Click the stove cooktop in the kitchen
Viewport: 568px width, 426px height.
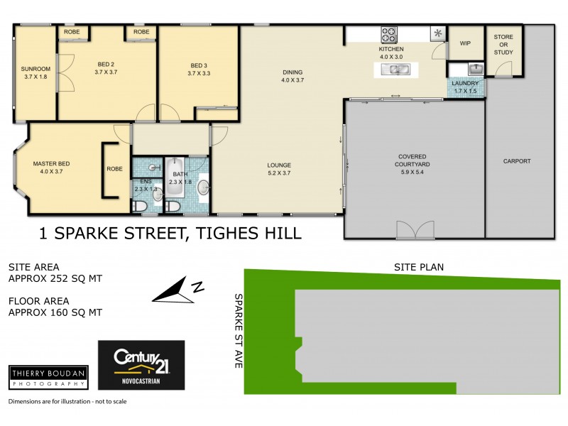[389, 34]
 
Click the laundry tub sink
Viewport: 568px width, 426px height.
[475, 69]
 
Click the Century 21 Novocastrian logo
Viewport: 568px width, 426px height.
[141, 364]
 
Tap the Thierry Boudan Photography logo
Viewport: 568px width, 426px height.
[48, 376]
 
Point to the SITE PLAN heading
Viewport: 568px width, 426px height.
[419, 268]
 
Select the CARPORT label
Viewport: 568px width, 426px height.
[516, 161]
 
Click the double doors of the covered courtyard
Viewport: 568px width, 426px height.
[414, 229]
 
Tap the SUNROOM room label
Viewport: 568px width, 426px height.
[35, 69]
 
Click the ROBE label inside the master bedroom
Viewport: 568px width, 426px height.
[115, 169]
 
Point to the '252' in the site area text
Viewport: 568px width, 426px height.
[64, 279]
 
